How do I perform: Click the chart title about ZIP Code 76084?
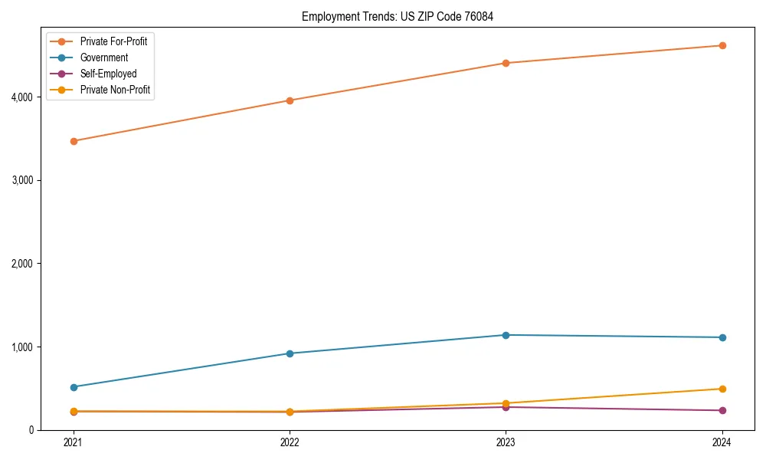point(391,16)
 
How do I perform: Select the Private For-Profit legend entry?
point(113,41)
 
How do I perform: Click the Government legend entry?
point(103,58)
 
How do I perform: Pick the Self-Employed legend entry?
point(108,74)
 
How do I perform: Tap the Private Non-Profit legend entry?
point(115,90)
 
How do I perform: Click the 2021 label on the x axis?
point(74,442)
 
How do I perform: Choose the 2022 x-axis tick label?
point(290,442)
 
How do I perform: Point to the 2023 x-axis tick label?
point(506,442)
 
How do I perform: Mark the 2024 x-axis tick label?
point(722,442)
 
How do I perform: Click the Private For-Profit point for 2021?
point(74,141)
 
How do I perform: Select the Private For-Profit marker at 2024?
point(722,45)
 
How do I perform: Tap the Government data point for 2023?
point(506,335)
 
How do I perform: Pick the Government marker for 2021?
point(74,387)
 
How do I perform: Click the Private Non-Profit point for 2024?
point(722,389)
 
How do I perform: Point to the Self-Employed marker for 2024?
point(722,410)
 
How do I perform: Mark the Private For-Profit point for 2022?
point(290,100)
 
